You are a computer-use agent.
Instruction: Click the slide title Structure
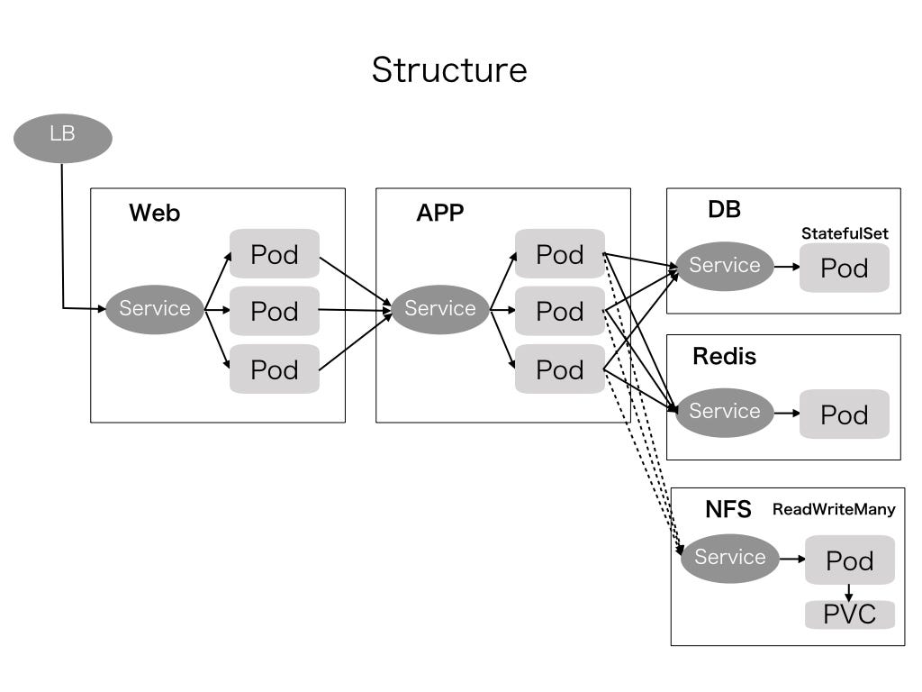tap(449, 69)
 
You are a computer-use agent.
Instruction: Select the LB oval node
tap(63, 138)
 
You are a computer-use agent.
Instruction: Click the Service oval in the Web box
tap(155, 309)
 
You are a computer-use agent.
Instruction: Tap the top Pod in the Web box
tap(275, 254)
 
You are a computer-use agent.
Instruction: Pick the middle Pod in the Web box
tap(275, 311)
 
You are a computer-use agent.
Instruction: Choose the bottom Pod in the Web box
tap(275, 369)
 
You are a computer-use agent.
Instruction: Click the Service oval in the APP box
tap(440, 309)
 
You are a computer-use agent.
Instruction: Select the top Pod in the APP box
tap(560, 254)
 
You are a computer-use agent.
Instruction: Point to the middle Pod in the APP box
tap(560, 311)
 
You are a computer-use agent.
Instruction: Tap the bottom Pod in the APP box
tap(560, 369)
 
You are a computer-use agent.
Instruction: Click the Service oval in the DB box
tap(725, 266)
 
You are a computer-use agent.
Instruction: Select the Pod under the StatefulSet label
tap(845, 269)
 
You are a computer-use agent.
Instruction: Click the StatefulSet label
tap(845, 233)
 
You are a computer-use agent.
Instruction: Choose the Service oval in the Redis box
tap(725, 412)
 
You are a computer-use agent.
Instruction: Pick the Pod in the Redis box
tap(845, 414)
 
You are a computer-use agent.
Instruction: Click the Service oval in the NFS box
tap(729, 558)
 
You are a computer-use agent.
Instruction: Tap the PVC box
tap(850, 615)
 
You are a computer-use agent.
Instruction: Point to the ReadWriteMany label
tap(834, 509)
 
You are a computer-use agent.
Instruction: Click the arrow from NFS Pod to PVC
tap(849, 593)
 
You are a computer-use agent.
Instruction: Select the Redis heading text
tap(724, 357)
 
